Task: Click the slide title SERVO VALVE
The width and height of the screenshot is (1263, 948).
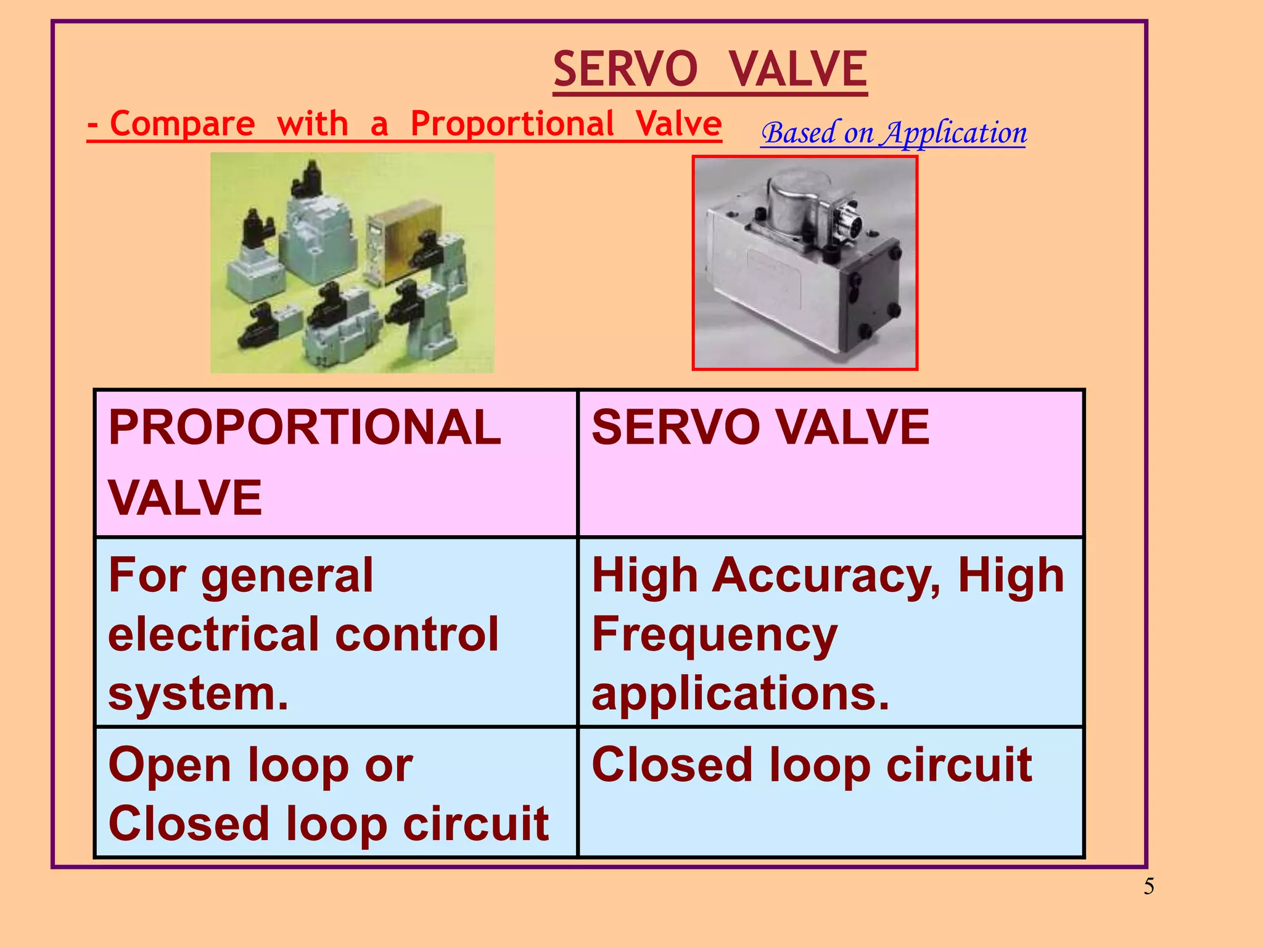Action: pos(710,69)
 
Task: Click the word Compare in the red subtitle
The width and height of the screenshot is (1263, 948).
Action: pos(183,124)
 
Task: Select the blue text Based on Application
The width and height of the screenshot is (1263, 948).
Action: pos(894,133)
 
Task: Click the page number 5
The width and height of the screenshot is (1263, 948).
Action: pos(1149,887)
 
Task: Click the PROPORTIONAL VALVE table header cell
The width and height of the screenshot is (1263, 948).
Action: pos(336,463)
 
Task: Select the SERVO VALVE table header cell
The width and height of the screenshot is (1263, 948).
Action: pos(831,463)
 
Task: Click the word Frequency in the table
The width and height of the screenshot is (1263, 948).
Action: pos(714,636)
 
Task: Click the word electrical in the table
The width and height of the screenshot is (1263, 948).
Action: pos(212,634)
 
